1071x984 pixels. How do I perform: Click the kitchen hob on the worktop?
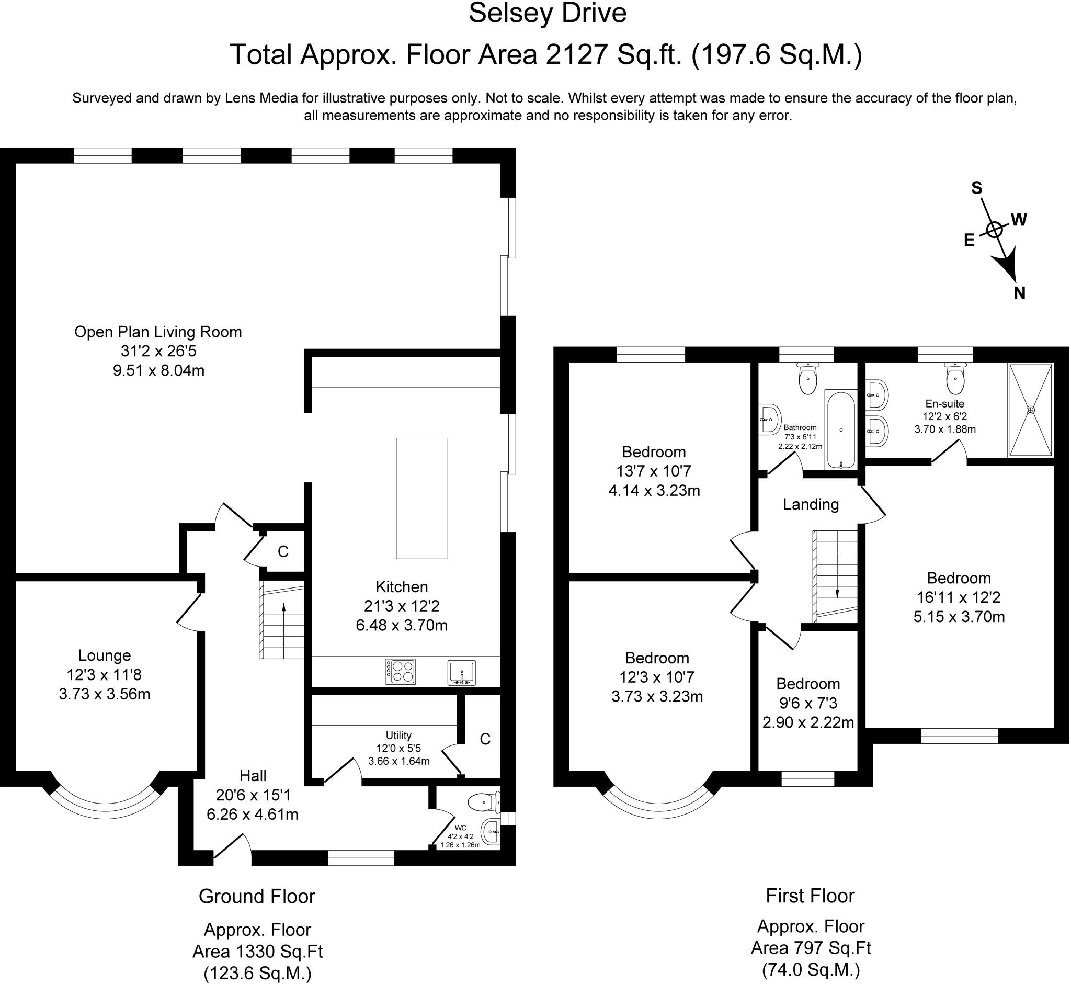pyautogui.click(x=401, y=672)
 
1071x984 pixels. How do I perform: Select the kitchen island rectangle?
pyautogui.click(x=422, y=499)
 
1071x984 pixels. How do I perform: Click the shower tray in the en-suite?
pyautogui.click(x=1031, y=410)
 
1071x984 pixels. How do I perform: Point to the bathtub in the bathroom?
pyautogui.click(x=841, y=429)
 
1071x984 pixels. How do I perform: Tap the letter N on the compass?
pyautogui.click(x=1019, y=293)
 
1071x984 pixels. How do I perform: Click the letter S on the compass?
pyautogui.click(x=977, y=188)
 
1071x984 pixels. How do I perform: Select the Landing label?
pyautogui.click(x=811, y=504)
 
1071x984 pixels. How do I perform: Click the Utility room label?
pyautogui.click(x=398, y=736)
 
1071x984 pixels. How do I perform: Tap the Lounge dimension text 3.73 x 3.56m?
pyautogui.click(x=105, y=694)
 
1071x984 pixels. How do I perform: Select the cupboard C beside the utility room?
pyautogui.click(x=485, y=739)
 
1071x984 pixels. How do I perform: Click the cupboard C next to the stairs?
pyautogui.click(x=283, y=551)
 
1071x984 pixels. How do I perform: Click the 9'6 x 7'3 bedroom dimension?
pyautogui.click(x=808, y=704)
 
